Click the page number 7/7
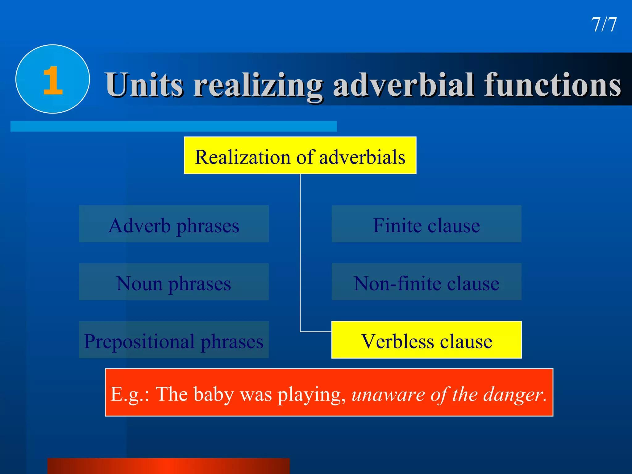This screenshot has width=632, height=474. coord(604,25)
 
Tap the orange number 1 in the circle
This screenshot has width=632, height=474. coord(53,81)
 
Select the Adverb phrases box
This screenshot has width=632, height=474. coord(174,224)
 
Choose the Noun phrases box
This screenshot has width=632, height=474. coord(174,282)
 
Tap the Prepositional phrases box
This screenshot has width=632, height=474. coord(174,340)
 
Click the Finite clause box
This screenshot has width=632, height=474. coord(426,224)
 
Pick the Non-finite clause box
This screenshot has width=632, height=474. coord(426,282)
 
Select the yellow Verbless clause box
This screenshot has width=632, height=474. coord(426,340)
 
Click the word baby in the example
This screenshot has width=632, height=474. coord(214,394)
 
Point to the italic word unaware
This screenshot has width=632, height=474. coord(388,395)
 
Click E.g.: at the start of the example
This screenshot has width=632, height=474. coord(130,395)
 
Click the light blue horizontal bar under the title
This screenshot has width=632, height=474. coord(174,126)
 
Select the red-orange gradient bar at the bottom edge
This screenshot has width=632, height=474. coord(168,466)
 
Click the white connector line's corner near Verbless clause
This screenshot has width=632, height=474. coord(301,332)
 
